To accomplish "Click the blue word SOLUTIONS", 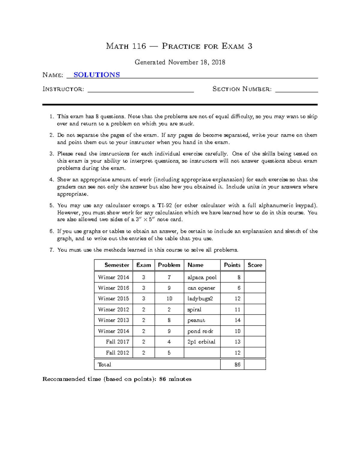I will [x=97, y=75].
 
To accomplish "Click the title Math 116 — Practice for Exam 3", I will [x=179, y=46].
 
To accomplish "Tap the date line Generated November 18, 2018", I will [x=180, y=62].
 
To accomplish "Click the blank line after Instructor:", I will [x=140, y=89].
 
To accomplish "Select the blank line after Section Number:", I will [x=296, y=89].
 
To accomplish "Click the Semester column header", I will [x=117, y=265].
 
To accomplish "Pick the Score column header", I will [x=255, y=265].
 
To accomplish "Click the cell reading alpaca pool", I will [x=202, y=277].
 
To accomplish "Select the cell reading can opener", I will [x=201, y=288].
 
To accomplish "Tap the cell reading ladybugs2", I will [x=200, y=299].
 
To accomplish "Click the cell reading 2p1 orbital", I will [x=201, y=342].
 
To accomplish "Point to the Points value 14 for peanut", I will [x=237, y=320].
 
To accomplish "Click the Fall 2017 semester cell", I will [x=117, y=342].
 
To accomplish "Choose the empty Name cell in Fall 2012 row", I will [x=202, y=353].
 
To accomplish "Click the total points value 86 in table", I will [x=237, y=365].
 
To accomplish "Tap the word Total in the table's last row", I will [x=104, y=365].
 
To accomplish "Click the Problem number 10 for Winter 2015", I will [x=169, y=299].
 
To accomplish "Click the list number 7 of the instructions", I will [x=52, y=250].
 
